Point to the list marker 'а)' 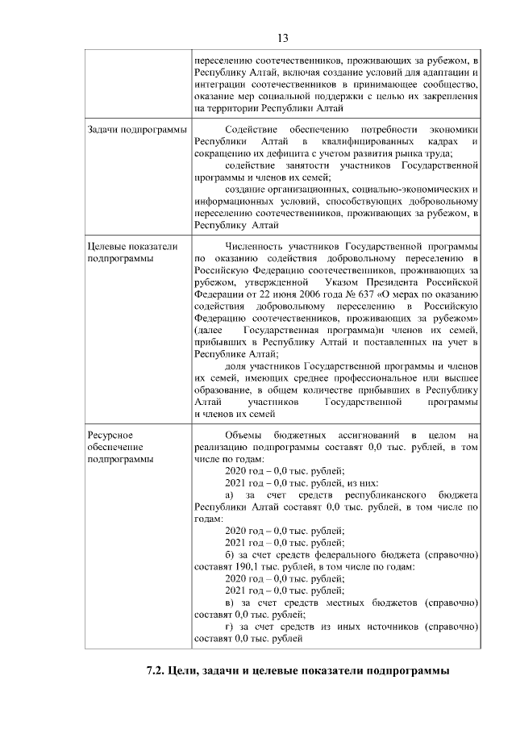[230, 493]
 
